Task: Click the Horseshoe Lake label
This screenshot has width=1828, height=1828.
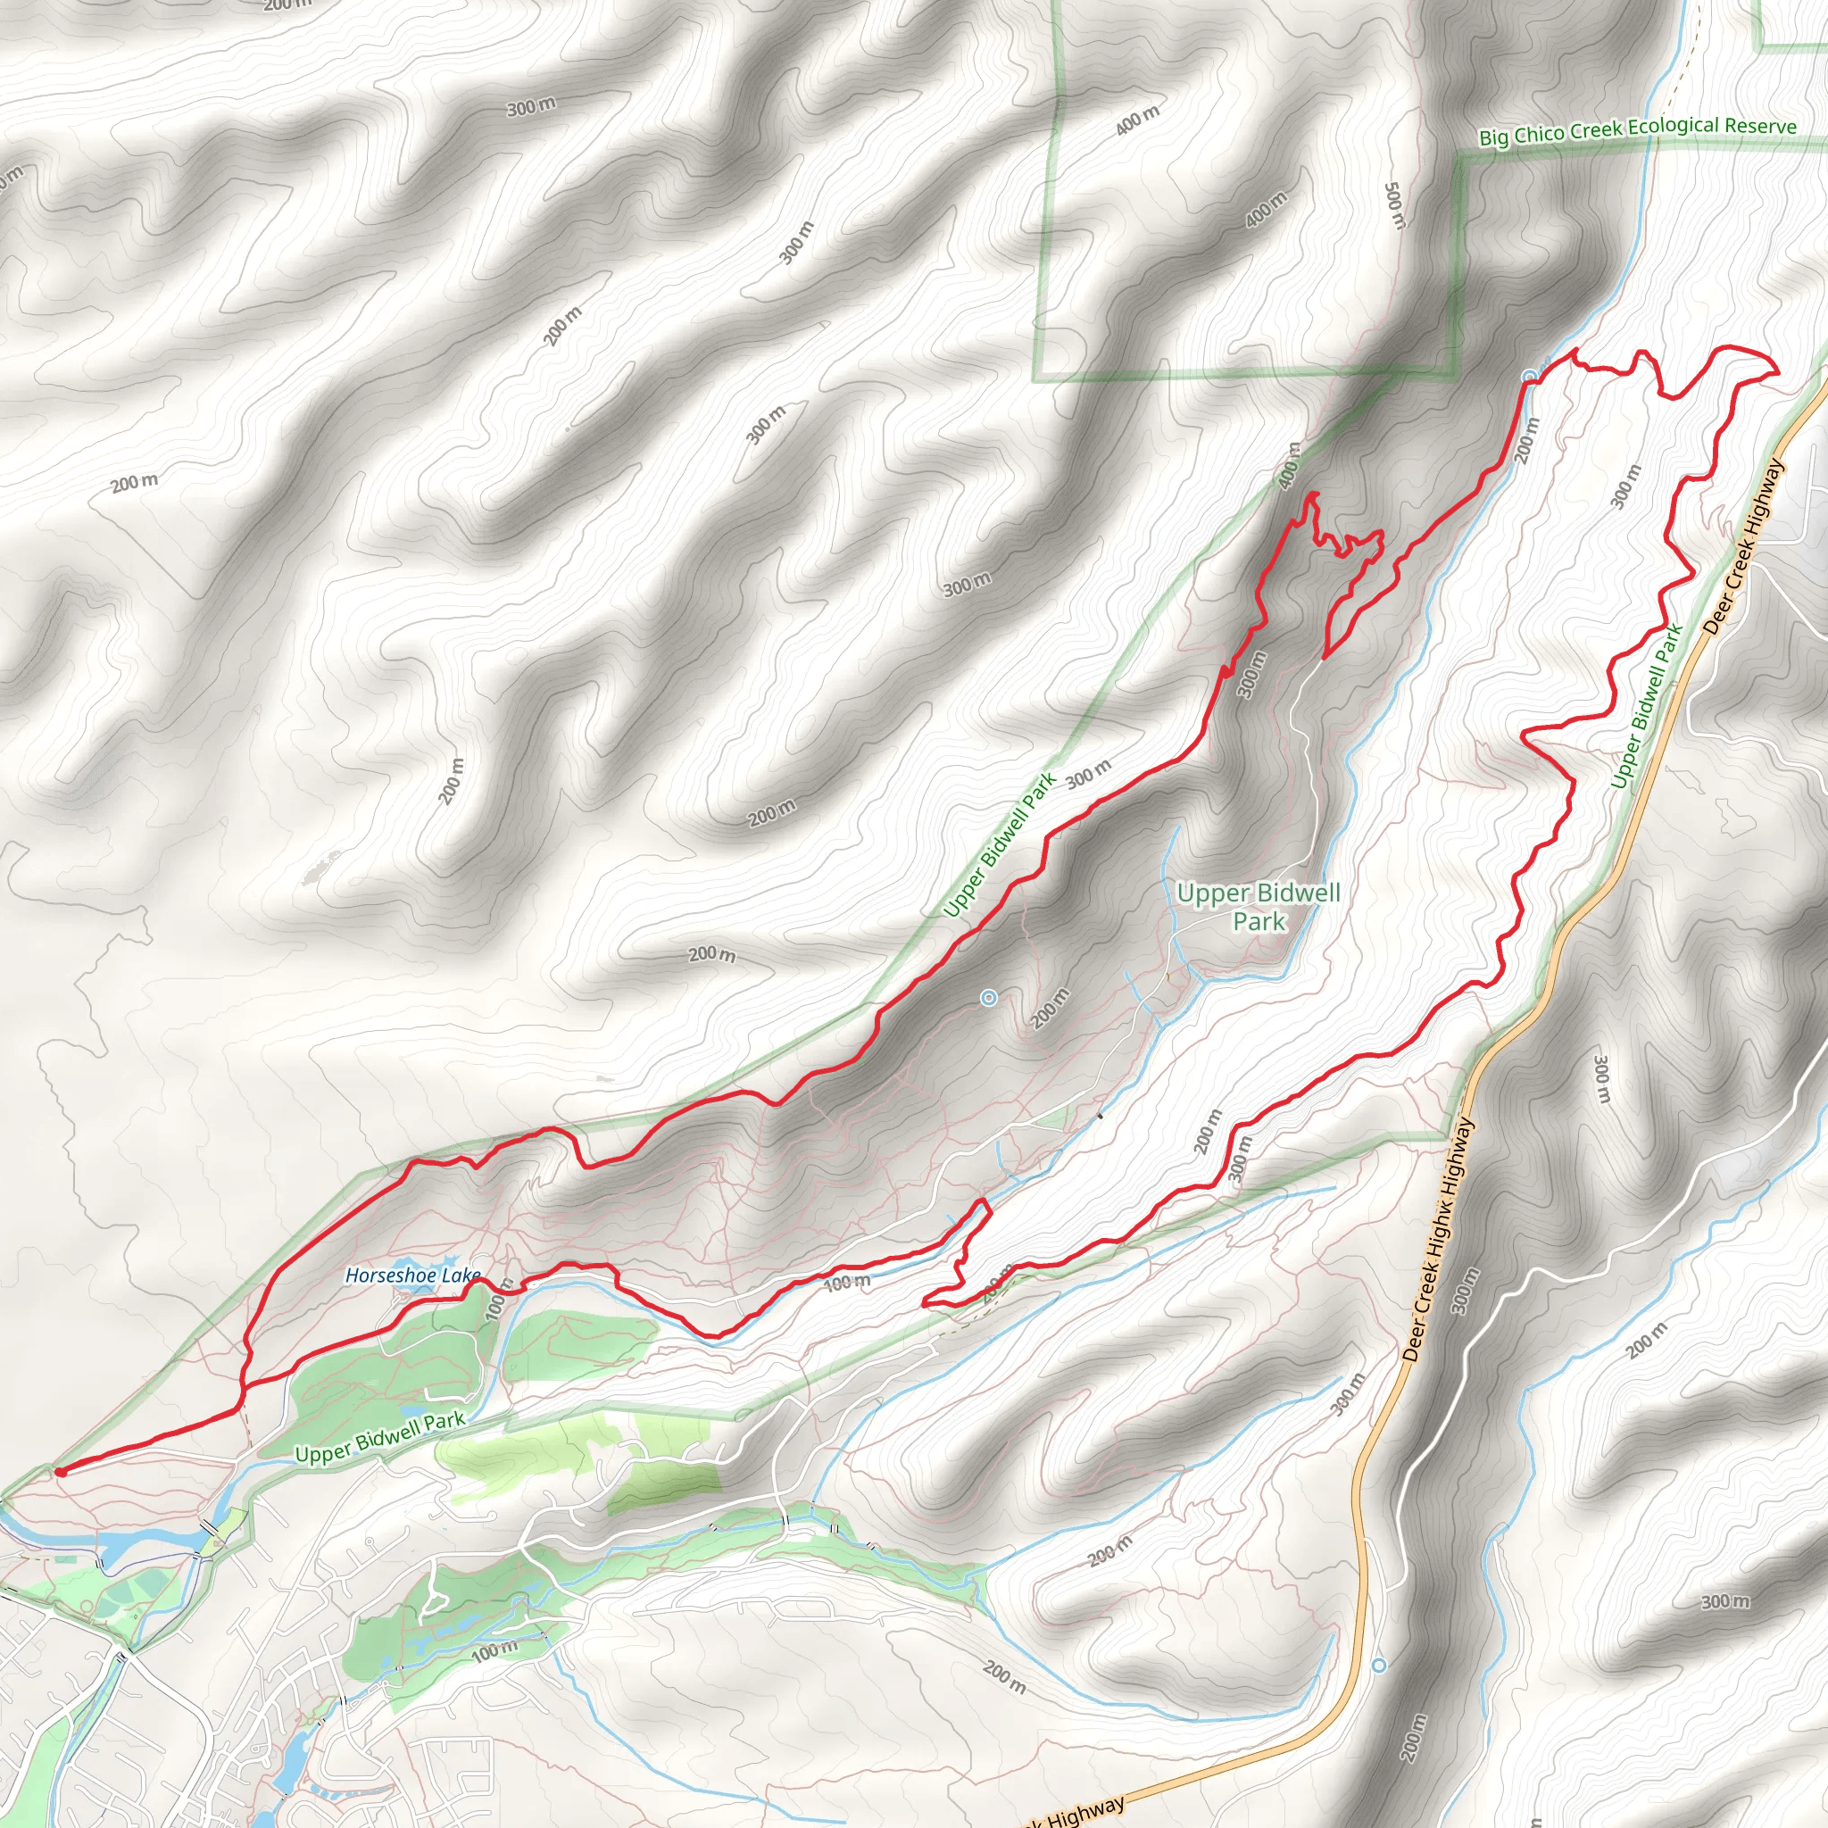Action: (411, 1275)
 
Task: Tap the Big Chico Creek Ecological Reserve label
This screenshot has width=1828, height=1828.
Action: (1637, 130)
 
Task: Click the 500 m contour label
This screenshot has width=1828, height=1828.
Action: (1395, 205)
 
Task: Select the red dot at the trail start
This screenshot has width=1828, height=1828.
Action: (61, 1472)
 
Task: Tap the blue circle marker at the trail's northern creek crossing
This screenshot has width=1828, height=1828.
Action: (1528, 377)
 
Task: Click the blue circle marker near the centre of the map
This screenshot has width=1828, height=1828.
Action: (989, 997)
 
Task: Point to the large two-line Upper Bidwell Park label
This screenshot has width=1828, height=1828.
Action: (1259, 907)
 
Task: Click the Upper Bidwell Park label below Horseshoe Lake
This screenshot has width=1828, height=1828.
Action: (380, 1437)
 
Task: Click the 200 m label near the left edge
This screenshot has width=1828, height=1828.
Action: (135, 483)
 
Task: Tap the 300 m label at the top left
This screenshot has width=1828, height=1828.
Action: (531, 107)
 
